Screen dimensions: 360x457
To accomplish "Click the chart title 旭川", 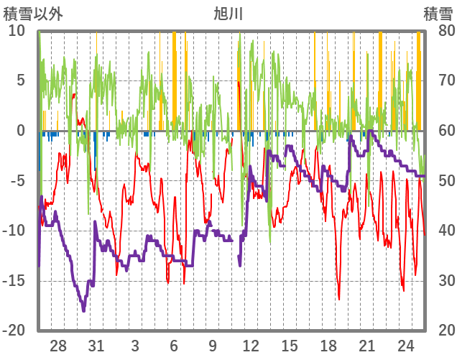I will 228,13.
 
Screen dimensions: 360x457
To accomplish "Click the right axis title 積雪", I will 438,13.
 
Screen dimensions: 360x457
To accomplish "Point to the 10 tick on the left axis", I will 17,30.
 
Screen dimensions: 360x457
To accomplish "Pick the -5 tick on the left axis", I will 17,180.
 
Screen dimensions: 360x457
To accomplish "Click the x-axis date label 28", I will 58,346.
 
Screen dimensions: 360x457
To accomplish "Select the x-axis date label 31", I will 96,346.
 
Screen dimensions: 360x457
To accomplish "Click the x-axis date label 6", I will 173,346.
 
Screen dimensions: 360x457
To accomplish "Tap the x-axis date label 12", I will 251,346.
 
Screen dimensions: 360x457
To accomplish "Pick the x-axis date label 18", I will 328,346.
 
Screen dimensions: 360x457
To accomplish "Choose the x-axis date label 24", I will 405,346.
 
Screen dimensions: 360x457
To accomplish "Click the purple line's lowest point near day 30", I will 84,310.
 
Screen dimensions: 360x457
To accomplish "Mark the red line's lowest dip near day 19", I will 339,298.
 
